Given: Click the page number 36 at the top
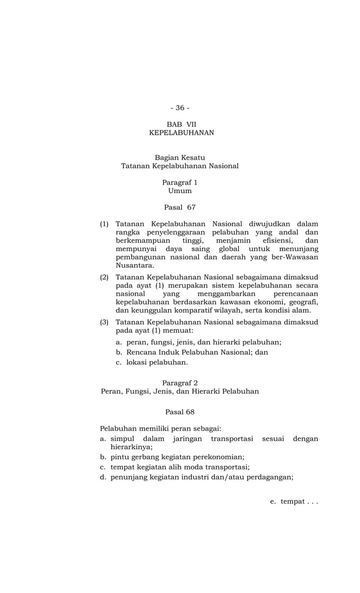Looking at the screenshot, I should point(180,108).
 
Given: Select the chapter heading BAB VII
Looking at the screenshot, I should point(181,124).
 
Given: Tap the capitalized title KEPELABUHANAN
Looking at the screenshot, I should point(181,133).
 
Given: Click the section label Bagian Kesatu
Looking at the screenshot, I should point(179,157).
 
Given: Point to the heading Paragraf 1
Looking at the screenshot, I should point(179,182).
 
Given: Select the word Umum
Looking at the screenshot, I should point(179,191).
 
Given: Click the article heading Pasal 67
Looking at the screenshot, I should point(179,208).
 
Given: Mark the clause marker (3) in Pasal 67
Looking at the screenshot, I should point(104,322).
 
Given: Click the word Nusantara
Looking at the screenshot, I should point(134,265).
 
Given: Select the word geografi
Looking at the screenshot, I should point(302,302).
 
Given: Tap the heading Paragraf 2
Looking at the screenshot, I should point(179,383).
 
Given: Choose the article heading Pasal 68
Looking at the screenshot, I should point(179,412).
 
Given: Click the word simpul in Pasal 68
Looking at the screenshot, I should point(122,438).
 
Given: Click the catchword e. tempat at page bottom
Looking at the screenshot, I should point(294,502).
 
